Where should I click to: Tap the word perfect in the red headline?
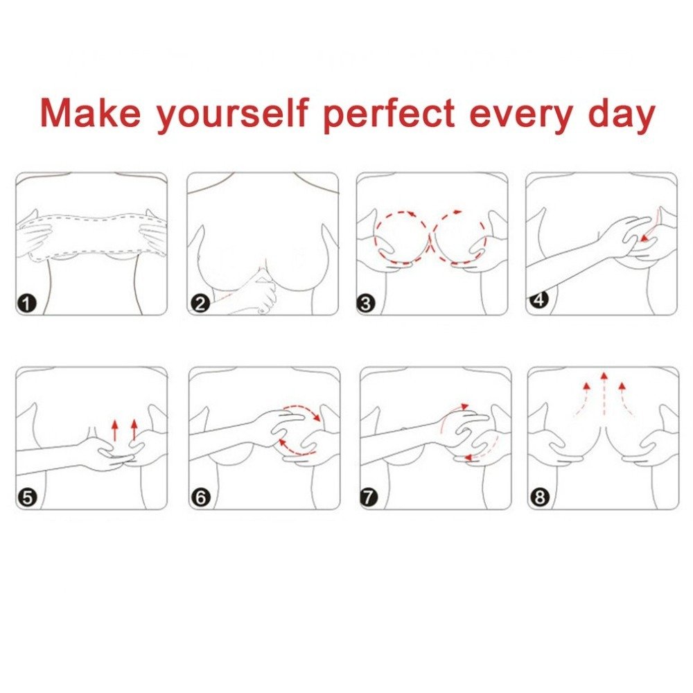389,114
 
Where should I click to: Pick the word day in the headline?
621,114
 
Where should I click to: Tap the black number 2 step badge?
200,303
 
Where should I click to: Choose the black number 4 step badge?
538,300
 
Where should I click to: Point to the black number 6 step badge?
200,497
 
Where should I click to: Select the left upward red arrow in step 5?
115,430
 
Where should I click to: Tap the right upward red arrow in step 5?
134,430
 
